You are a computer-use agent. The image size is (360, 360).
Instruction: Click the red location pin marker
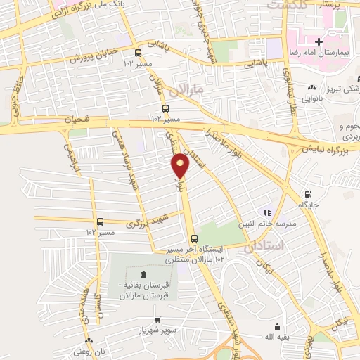[x=181, y=166]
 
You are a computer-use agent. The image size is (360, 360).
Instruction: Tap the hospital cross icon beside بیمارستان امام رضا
[x=319, y=42]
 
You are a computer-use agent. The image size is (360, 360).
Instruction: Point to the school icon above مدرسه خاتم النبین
[x=266, y=212]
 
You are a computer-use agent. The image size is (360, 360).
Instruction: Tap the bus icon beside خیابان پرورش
[x=138, y=53]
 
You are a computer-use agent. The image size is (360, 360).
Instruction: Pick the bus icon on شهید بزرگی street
[x=99, y=221]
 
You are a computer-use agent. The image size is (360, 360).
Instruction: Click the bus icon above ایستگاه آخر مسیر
[x=194, y=238]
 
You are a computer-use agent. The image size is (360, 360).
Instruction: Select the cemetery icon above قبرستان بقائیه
[x=144, y=274]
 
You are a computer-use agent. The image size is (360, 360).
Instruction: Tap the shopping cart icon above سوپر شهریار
[x=157, y=319]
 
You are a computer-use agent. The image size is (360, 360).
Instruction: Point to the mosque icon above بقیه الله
[x=277, y=326]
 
